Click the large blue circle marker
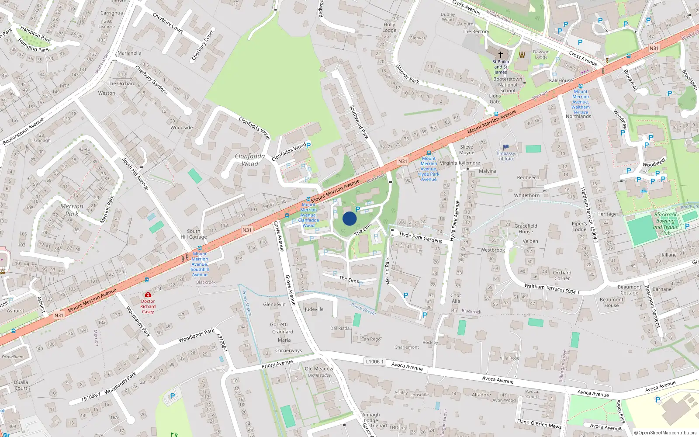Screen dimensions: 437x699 pyautogui.click(x=349, y=218)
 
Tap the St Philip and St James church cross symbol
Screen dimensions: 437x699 pyautogui.click(x=501, y=55)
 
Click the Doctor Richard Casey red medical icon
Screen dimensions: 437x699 pyautogui.click(x=148, y=295)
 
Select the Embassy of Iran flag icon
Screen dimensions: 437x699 pyautogui.click(x=506, y=147)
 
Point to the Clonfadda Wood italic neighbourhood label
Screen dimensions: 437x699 pyautogui.click(x=250, y=160)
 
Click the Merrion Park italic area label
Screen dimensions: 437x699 pyautogui.click(x=72, y=210)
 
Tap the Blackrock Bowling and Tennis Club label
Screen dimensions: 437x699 pyautogui.click(x=665, y=224)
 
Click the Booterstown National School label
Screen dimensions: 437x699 pyautogui.click(x=508, y=85)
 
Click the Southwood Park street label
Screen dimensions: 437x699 pyautogui.click(x=359, y=122)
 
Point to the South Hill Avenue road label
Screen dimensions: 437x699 pyautogui.click(x=135, y=173)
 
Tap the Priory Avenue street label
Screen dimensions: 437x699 pyautogui.click(x=277, y=364)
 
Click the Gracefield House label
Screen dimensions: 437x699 pyautogui.click(x=526, y=229)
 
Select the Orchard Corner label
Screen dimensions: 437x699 pyautogui.click(x=562, y=275)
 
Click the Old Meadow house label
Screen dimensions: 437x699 pyautogui.click(x=319, y=369)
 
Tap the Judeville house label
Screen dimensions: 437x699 pyautogui.click(x=314, y=309)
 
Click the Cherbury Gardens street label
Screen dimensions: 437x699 pyautogui.click(x=151, y=80)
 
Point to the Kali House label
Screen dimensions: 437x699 pyautogui.click(x=561, y=80)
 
